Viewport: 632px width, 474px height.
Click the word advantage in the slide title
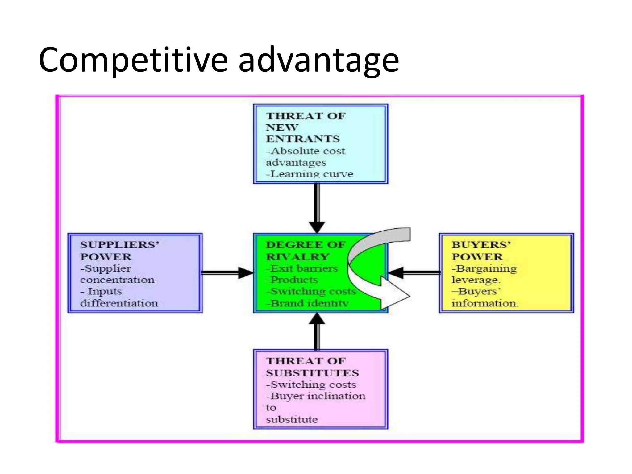click(x=318, y=60)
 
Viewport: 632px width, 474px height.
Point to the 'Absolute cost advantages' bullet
click(x=305, y=157)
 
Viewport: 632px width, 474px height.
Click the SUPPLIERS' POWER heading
click(x=119, y=251)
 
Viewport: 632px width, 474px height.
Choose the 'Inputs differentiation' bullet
click(x=118, y=297)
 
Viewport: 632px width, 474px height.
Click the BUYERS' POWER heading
click(x=480, y=251)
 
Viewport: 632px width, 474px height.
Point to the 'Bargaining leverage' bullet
click(x=484, y=274)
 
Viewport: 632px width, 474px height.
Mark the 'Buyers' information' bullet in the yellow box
click(x=484, y=297)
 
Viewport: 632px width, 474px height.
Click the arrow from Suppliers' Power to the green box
click(x=227, y=273)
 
